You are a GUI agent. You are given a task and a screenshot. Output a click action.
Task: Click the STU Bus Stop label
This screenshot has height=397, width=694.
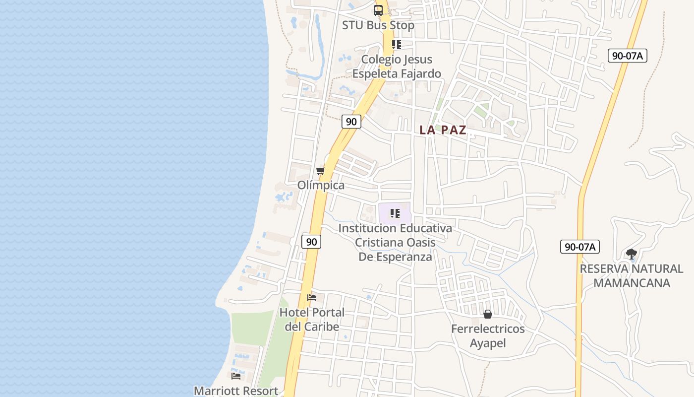pos(378,25)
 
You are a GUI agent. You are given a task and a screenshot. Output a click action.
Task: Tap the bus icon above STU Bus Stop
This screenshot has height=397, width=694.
pos(378,10)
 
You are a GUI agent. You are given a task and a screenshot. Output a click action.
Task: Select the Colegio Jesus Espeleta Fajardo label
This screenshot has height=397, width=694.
pos(397,66)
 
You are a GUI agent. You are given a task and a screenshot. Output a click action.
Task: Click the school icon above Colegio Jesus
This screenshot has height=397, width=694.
pos(396,45)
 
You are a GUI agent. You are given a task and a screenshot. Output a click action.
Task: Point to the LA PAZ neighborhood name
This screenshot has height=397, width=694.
pos(443,130)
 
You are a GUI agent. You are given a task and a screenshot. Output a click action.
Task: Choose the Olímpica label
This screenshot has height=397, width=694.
pos(321,185)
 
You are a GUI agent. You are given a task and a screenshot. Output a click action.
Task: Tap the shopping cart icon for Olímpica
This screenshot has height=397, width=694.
pos(321,171)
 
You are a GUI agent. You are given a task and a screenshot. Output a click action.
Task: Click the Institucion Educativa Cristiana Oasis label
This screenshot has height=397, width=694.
pos(395,243)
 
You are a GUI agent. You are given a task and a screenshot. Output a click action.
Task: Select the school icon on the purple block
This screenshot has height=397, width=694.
pos(395,213)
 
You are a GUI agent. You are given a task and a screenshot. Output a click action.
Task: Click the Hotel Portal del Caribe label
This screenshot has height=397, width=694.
pos(312,320)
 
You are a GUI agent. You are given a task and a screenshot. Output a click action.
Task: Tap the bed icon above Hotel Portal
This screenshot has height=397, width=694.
pos(312,298)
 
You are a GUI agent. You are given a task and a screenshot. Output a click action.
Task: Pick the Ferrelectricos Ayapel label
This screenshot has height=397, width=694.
pos(488,336)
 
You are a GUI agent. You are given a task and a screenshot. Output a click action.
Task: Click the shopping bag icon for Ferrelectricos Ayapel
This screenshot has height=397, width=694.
pos(488,314)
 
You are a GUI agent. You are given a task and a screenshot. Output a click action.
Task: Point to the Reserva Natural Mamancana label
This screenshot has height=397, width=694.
pos(632,276)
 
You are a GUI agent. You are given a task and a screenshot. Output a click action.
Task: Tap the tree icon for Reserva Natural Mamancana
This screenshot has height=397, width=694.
pos(631,254)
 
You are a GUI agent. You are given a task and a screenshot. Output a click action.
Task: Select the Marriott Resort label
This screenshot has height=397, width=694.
pos(236,391)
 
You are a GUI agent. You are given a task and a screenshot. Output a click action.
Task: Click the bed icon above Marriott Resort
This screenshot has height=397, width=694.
pos(236,376)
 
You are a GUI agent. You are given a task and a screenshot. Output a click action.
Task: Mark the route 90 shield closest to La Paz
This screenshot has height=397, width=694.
pos(351,121)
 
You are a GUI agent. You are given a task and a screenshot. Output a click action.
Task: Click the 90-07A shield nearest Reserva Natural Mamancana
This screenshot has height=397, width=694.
pos(580,246)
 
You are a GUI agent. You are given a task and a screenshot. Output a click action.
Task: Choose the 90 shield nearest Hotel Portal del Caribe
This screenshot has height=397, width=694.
pos(311,242)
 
